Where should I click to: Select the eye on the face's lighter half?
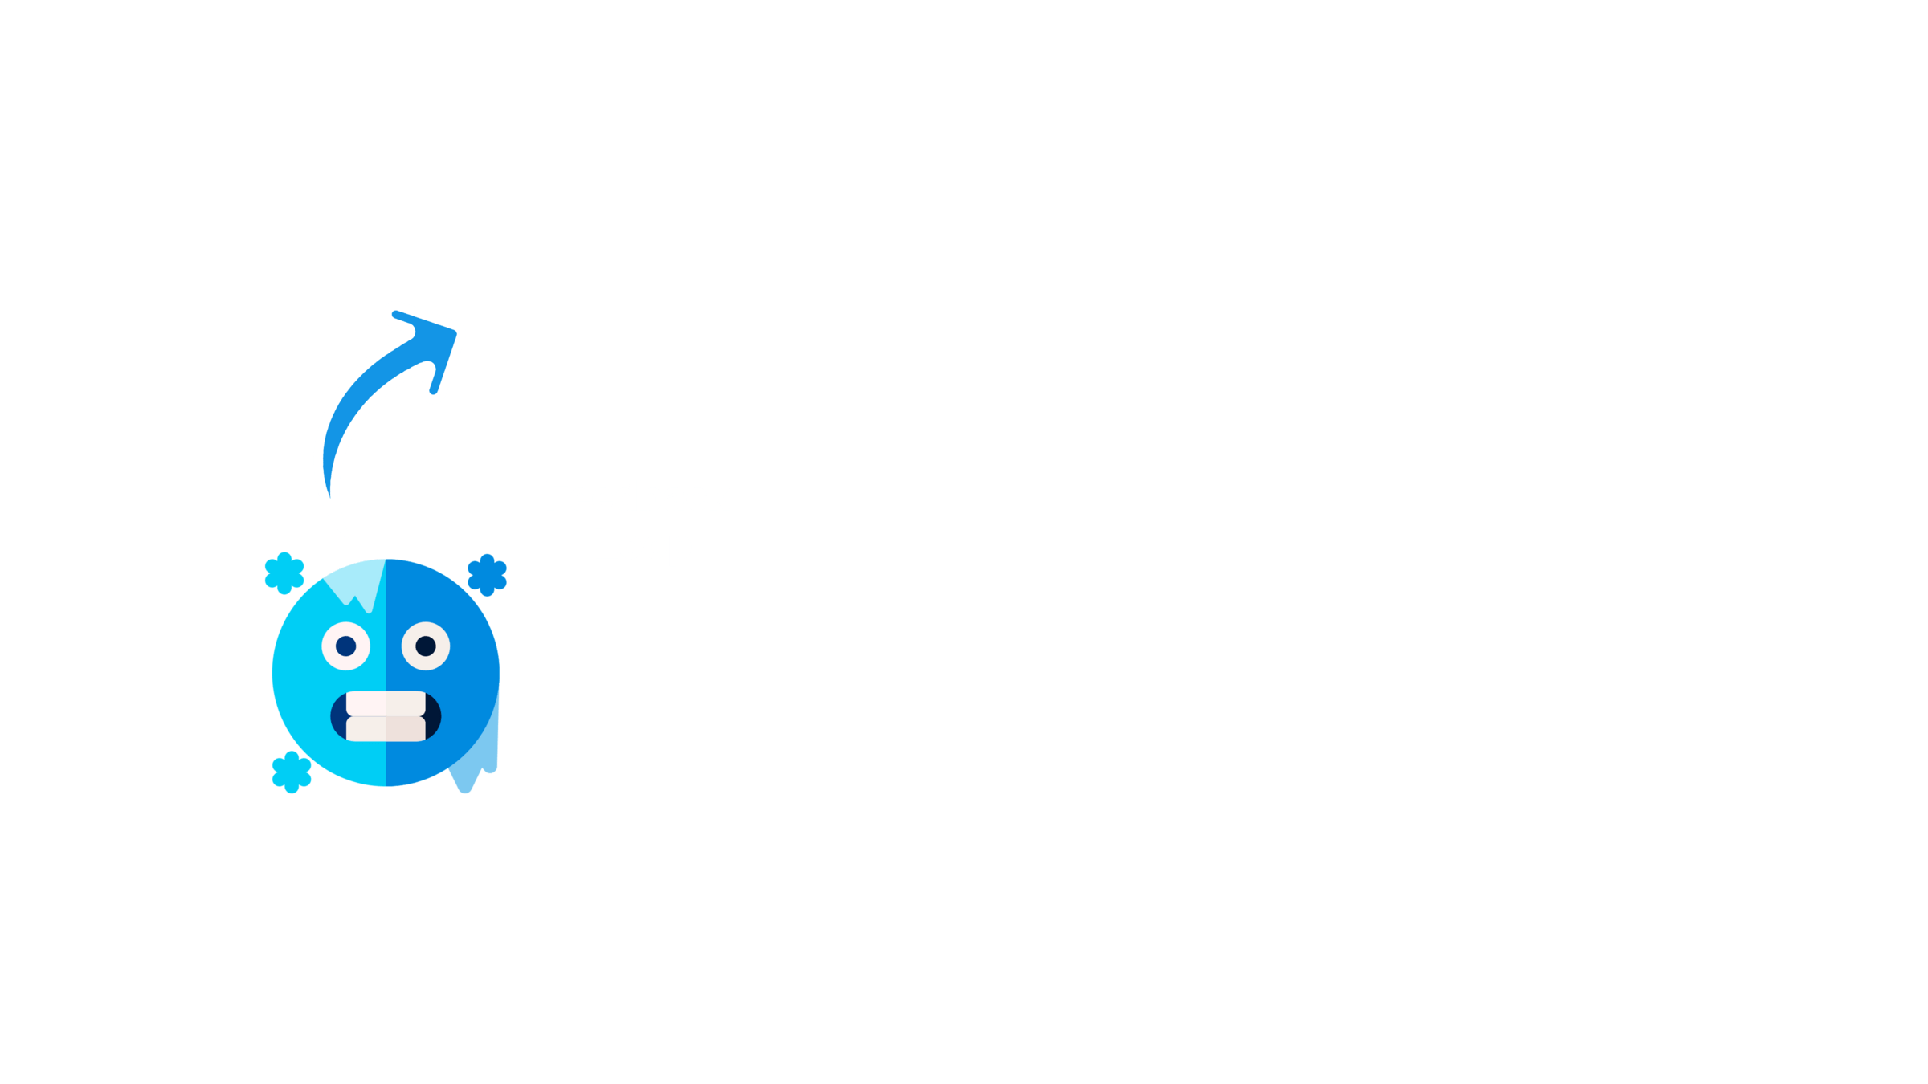345,646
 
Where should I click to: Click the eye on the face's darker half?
426,646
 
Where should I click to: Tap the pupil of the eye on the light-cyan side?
346,646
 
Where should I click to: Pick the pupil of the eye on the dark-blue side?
426,646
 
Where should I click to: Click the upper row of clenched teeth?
386,703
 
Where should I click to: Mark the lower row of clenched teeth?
386,728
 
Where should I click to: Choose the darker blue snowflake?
487,574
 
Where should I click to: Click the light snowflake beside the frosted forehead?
284,573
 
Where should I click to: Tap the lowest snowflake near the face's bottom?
292,772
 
